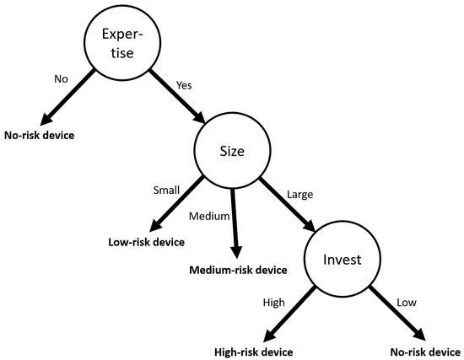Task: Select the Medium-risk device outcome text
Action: (239, 270)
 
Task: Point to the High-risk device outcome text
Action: (255, 350)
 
